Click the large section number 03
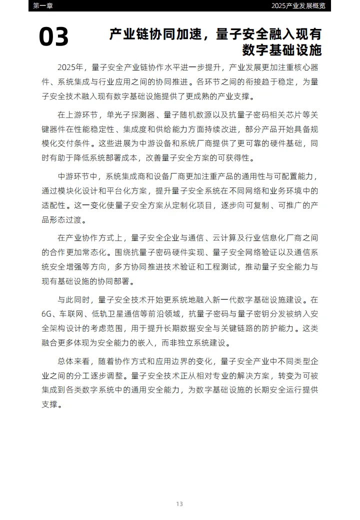[x=54, y=37]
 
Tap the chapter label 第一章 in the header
[x=42, y=5]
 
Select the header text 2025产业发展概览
[x=298, y=5]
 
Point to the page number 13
[x=179, y=503]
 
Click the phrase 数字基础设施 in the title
[x=281, y=50]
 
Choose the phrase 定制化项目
[x=189, y=205]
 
